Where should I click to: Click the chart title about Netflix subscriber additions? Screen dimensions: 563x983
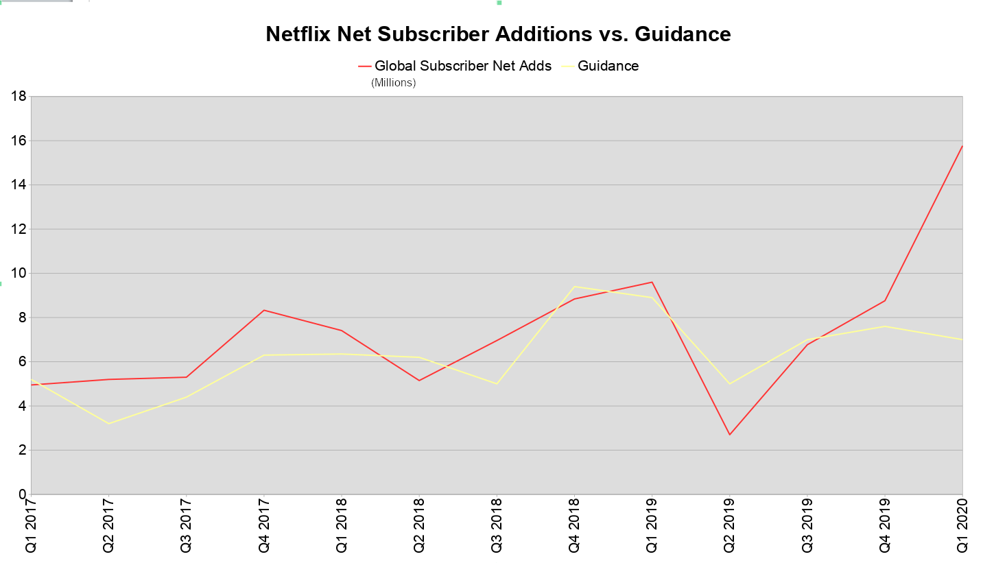pyautogui.click(x=498, y=34)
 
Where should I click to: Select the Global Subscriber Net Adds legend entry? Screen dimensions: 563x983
pyautogui.click(x=462, y=66)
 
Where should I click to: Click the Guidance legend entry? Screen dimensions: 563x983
pyautogui.click(x=608, y=66)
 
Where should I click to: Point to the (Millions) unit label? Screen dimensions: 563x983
pyautogui.click(x=394, y=83)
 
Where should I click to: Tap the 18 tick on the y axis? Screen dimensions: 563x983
pyautogui.click(x=19, y=97)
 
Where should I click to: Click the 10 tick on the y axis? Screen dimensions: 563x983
pyautogui.click(x=19, y=274)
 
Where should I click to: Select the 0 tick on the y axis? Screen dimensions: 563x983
pyautogui.click(x=23, y=494)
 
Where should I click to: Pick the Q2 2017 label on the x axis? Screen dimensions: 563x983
pyautogui.click(x=108, y=527)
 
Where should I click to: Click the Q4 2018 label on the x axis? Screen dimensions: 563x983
pyautogui.click(x=574, y=527)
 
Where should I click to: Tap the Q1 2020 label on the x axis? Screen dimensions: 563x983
pyautogui.click(x=962, y=527)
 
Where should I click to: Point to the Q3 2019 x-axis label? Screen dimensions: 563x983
pyautogui.click(x=807, y=527)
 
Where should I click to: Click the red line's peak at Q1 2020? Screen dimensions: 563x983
pyautogui.click(x=962, y=146)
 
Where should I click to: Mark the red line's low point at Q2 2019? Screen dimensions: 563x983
pyautogui.click(x=729, y=435)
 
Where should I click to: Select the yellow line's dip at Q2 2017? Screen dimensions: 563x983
pyautogui.click(x=108, y=423)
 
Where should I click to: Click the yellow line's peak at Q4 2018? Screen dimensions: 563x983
pyautogui.click(x=574, y=287)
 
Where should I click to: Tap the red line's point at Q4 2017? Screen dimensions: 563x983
pyautogui.click(x=263, y=310)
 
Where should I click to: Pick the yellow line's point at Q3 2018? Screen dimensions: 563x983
pyautogui.click(x=497, y=383)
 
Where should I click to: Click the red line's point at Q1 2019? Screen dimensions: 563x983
pyautogui.click(x=652, y=282)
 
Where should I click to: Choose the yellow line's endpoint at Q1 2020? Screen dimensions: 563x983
pyautogui.click(x=962, y=339)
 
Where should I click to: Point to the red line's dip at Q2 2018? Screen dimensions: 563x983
pyautogui.click(x=419, y=381)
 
